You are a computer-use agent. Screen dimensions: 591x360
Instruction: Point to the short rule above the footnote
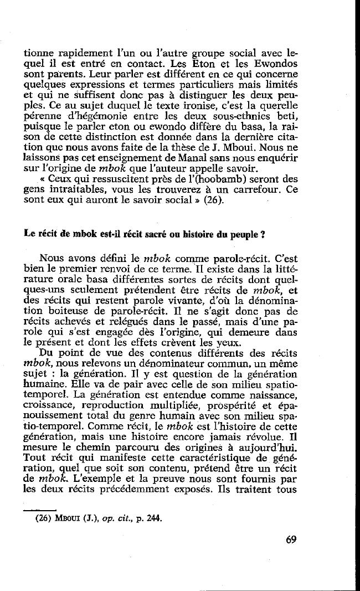[x=41, y=510]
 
